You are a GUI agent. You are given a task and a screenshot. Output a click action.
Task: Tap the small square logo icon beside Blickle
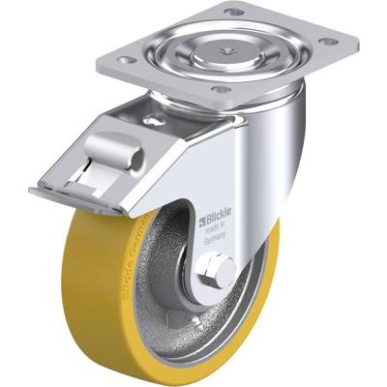pyautogui.click(x=202, y=222)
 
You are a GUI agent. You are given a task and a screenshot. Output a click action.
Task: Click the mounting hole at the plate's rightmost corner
pyautogui.click(x=328, y=42)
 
